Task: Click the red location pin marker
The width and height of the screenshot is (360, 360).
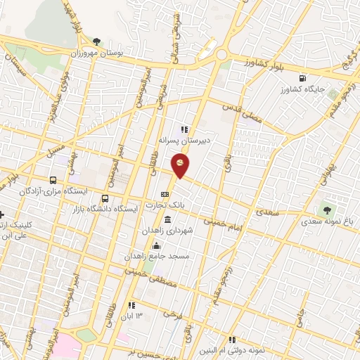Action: point(181,165)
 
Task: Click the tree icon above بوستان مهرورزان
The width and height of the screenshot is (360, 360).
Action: point(96,40)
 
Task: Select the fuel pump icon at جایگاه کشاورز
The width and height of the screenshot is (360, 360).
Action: point(302,79)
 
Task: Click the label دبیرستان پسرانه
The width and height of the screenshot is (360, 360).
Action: point(186,140)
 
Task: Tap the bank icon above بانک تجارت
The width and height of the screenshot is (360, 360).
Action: point(165,195)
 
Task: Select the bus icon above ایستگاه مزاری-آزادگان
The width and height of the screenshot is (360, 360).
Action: point(53,179)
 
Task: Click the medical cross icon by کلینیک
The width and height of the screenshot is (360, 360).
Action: point(2,214)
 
